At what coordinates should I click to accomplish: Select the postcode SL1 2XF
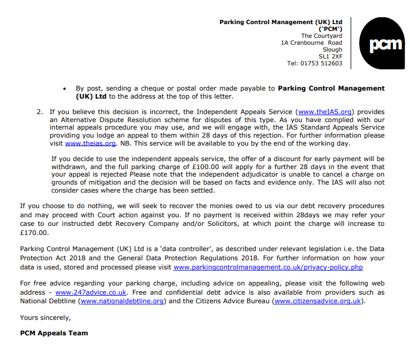pos(330,57)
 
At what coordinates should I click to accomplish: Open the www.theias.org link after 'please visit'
pos(90,143)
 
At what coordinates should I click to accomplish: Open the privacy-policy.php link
pos(268,267)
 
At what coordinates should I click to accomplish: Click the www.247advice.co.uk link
pos(91,292)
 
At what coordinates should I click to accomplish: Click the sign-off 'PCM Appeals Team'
pos(54,333)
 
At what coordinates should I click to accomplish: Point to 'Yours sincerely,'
pos(45,317)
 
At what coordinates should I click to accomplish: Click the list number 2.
pos(40,112)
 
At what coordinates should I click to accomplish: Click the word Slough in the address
pos(333,50)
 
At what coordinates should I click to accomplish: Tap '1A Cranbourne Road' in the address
pos(312,43)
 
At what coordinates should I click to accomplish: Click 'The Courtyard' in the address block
pos(322,36)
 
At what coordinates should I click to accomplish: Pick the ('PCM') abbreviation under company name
pos(330,29)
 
